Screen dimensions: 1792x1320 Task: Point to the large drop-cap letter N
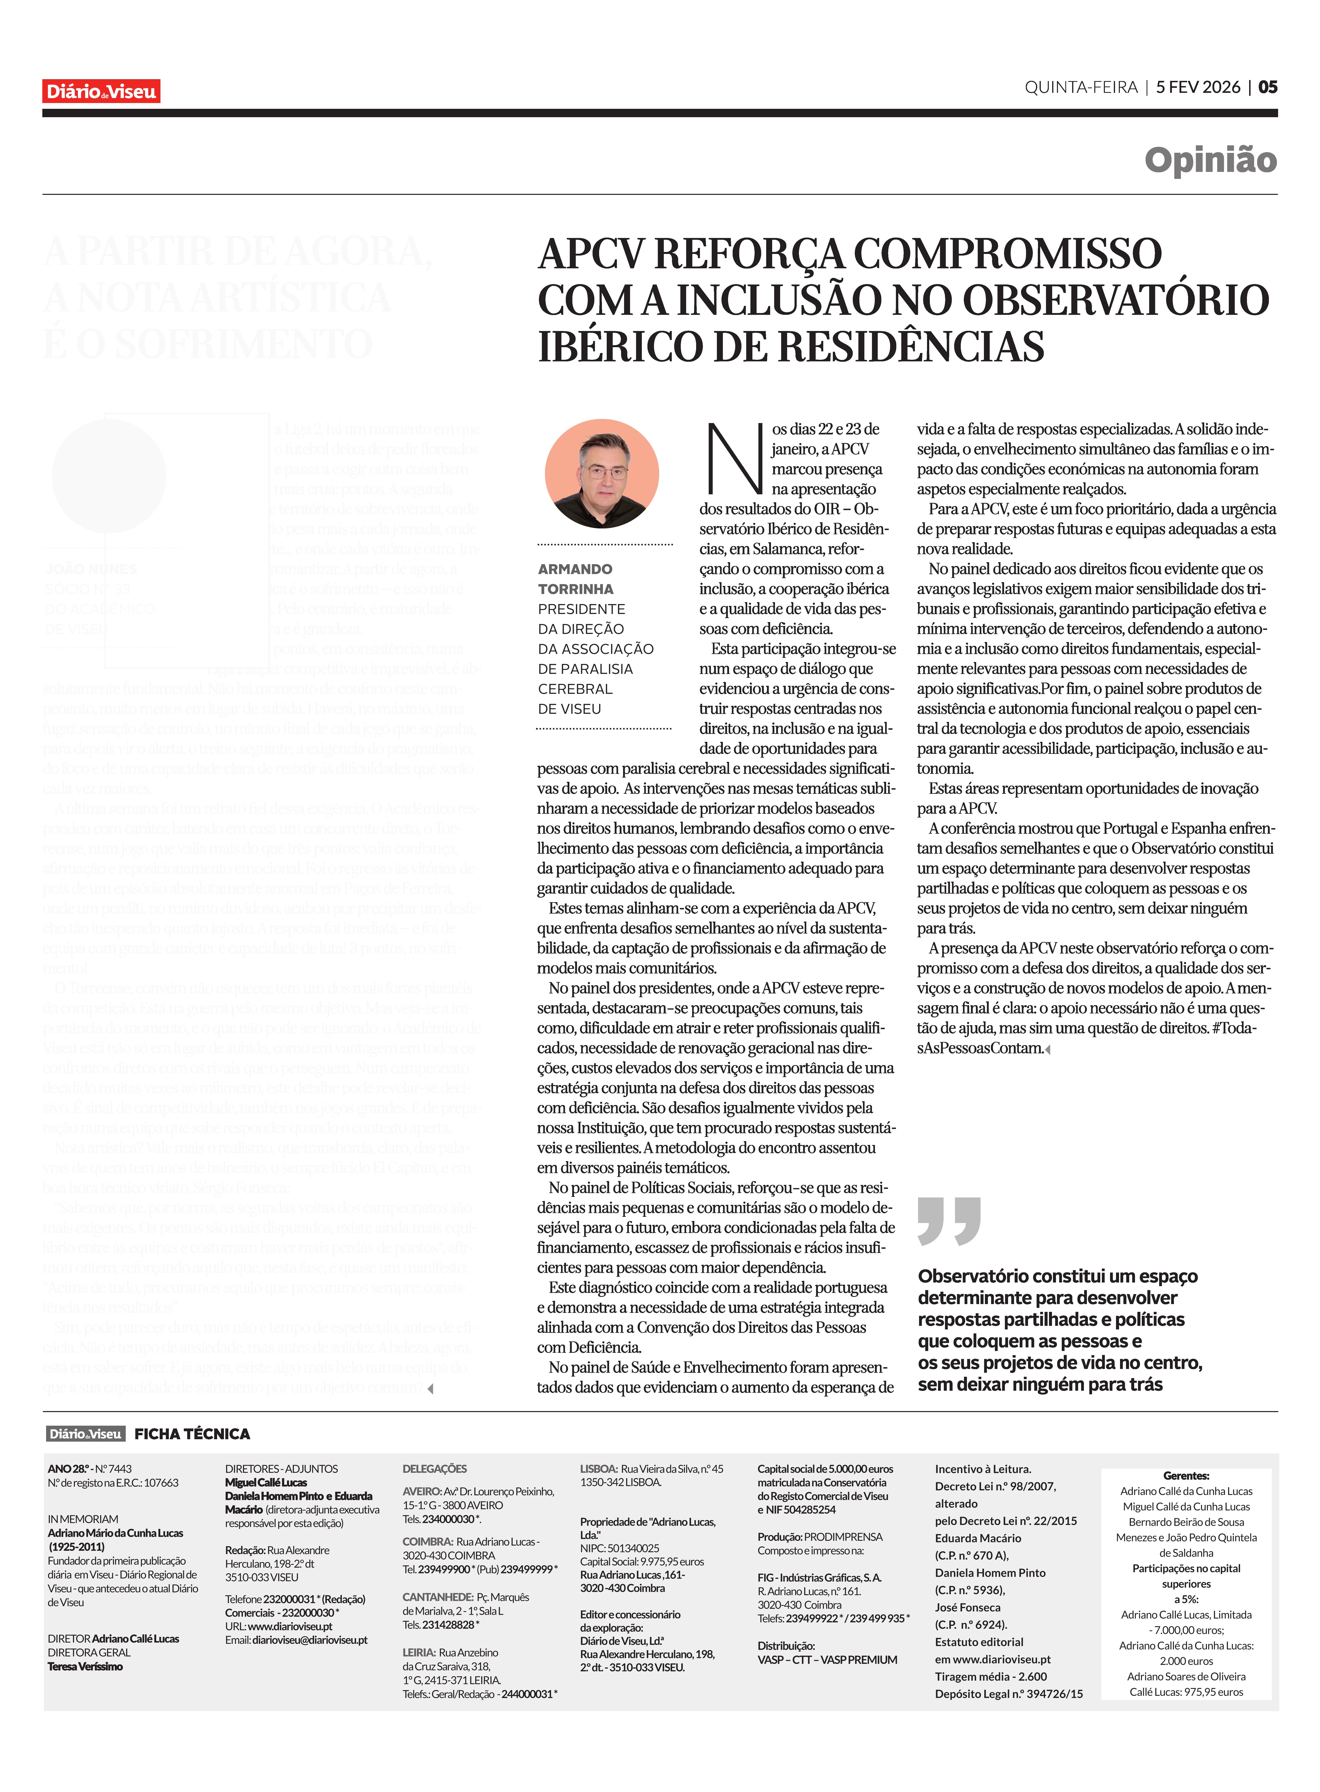coord(733,460)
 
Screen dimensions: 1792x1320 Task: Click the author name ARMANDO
coord(575,569)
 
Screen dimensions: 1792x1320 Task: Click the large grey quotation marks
coord(948,1220)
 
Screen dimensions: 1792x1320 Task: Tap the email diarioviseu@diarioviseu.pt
coord(309,1640)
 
